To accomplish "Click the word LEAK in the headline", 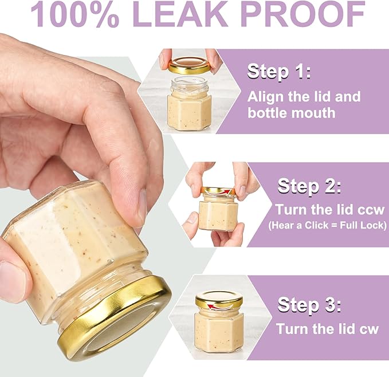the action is (x=180, y=14).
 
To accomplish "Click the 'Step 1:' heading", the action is (x=278, y=71).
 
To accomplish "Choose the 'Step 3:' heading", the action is (x=309, y=304).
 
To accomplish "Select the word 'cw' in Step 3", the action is (x=370, y=329).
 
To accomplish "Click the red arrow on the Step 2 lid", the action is (x=218, y=192).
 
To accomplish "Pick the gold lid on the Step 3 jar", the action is (x=219, y=300).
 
